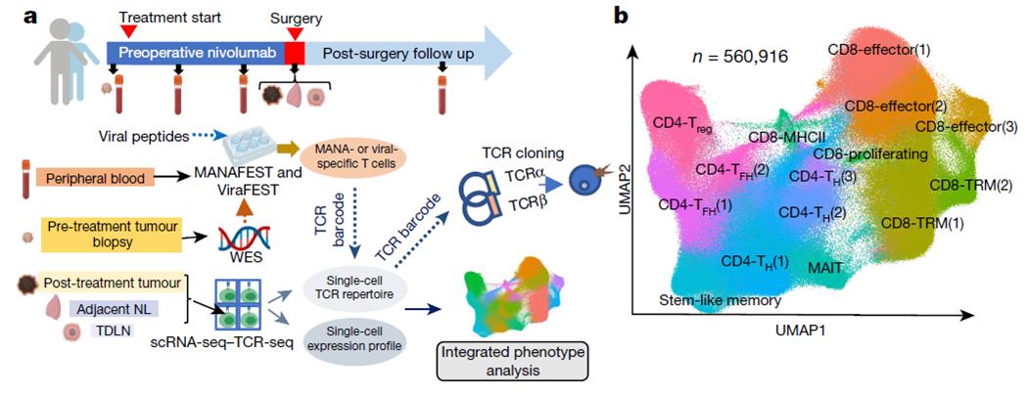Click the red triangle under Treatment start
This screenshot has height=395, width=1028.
(x=130, y=30)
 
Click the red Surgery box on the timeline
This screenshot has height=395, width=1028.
(x=295, y=52)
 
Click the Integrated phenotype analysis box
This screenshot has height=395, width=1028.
(x=513, y=363)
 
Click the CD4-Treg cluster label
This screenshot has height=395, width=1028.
(x=681, y=124)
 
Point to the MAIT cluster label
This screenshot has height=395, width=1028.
(x=824, y=267)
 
